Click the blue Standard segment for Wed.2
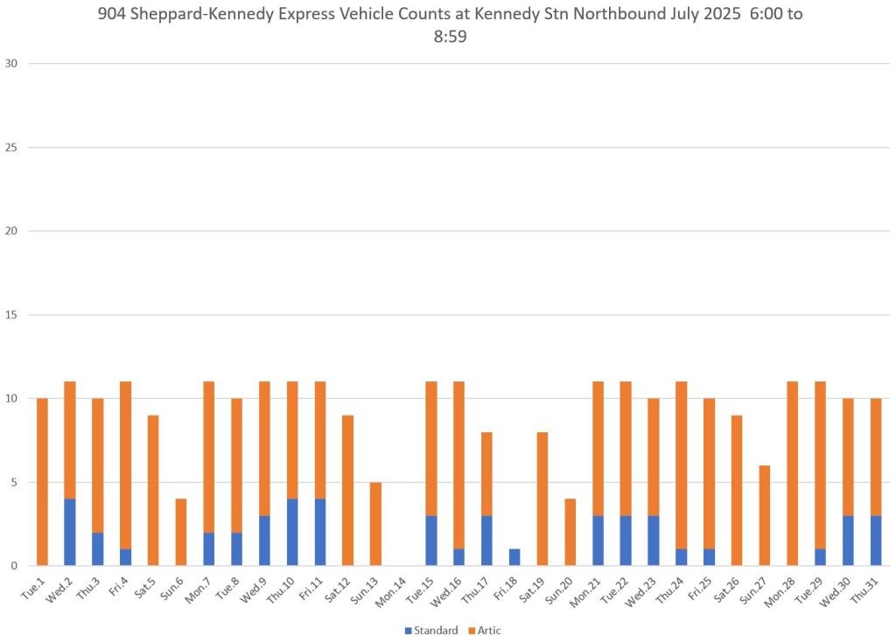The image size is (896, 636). (70, 532)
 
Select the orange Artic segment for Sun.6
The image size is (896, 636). (181, 532)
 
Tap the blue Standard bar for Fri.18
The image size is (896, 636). (514, 557)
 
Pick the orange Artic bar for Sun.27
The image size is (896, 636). (765, 515)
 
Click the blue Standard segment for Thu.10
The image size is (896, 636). (292, 532)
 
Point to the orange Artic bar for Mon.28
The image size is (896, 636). (793, 473)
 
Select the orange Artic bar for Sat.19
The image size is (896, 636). (542, 499)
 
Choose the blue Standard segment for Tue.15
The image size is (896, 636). (431, 541)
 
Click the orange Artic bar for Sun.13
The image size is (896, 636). (375, 524)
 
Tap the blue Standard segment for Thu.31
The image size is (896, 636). (876, 541)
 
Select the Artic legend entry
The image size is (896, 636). (484, 630)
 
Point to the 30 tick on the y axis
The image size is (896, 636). (11, 64)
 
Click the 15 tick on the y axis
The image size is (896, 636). (11, 315)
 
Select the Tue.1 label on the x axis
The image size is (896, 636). (35, 595)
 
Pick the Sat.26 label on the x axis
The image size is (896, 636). (729, 597)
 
